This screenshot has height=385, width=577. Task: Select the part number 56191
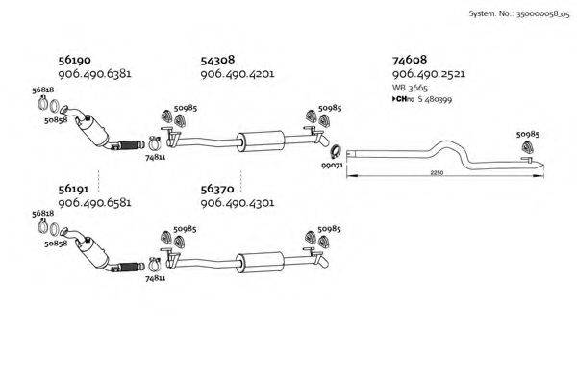pyautogui.click(x=74, y=190)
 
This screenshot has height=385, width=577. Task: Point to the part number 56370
pyautogui.click(x=217, y=190)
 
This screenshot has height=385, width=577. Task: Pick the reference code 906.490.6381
pyautogui.click(x=94, y=73)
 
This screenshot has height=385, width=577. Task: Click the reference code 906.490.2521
pyautogui.click(x=430, y=74)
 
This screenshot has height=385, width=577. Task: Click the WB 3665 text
pyautogui.click(x=410, y=88)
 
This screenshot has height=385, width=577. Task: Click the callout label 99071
pyautogui.click(x=333, y=166)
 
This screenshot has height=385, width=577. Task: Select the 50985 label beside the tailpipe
pyautogui.click(x=527, y=135)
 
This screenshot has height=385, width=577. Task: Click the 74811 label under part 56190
pyautogui.click(x=155, y=157)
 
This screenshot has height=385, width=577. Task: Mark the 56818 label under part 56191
pyautogui.click(x=42, y=213)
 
